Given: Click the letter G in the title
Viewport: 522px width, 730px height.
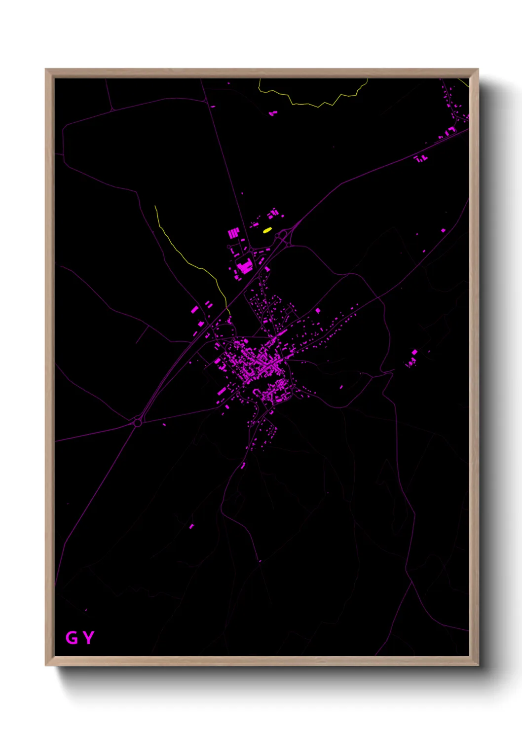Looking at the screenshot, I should pyautogui.click(x=72, y=638).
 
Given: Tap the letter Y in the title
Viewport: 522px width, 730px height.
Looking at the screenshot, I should pyautogui.click(x=88, y=638).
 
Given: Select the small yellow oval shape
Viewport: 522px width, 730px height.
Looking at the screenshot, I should pyautogui.click(x=267, y=230).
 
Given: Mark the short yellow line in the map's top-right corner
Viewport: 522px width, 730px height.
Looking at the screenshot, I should pyautogui.click(x=463, y=82).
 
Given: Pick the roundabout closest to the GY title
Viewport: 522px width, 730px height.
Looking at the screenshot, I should pyautogui.click(x=137, y=422).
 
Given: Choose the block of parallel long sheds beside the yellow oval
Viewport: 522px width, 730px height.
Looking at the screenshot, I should pyautogui.click(x=233, y=233).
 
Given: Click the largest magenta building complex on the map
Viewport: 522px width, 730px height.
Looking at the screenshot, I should pyautogui.click(x=244, y=267).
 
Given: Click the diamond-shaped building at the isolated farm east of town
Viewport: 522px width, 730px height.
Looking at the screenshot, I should pyautogui.click(x=414, y=352).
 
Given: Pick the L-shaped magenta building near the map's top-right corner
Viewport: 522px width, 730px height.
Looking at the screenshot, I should pyautogui.click(x=450, y=131).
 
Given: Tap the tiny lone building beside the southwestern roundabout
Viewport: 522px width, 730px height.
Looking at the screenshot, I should pyautogui.click(x=164, y=425).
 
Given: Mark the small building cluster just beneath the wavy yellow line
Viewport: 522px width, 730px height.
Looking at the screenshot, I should pyautogui.click(x=272, y=113).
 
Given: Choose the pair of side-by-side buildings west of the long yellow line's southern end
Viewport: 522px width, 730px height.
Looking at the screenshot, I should pyautogui.click(x=208, y=304).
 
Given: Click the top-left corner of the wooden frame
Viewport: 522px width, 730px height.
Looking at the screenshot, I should pyautogui.click(x=46, y=70).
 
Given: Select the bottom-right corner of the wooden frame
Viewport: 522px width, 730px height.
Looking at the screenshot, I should pyautogui.click(x=478, y=665).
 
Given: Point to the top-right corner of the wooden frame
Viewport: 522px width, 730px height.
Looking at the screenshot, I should pyautogui.click(x=478, y=70).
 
